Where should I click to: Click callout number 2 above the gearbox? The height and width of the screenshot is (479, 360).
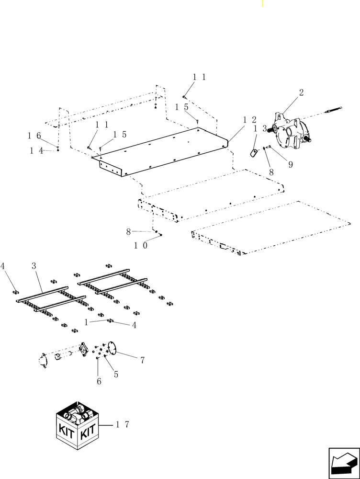tap(301, 93)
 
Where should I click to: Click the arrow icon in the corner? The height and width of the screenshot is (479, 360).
tap(344, 463)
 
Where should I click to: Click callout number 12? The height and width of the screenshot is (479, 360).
tap(250, 120)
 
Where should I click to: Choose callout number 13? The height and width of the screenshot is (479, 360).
tap(260, 129)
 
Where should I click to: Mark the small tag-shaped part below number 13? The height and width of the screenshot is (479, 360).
tap(254, 152)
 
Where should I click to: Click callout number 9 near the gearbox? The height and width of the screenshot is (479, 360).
tap(290, 164)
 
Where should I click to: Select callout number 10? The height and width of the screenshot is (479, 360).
tap(140, 245)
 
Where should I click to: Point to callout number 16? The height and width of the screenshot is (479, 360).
tap(34, 136)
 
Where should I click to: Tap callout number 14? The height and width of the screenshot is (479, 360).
tap(37, 150)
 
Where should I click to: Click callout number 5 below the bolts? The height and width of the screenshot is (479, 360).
tap(116, 375)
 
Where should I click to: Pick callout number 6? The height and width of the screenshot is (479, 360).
tap(99, 381)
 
